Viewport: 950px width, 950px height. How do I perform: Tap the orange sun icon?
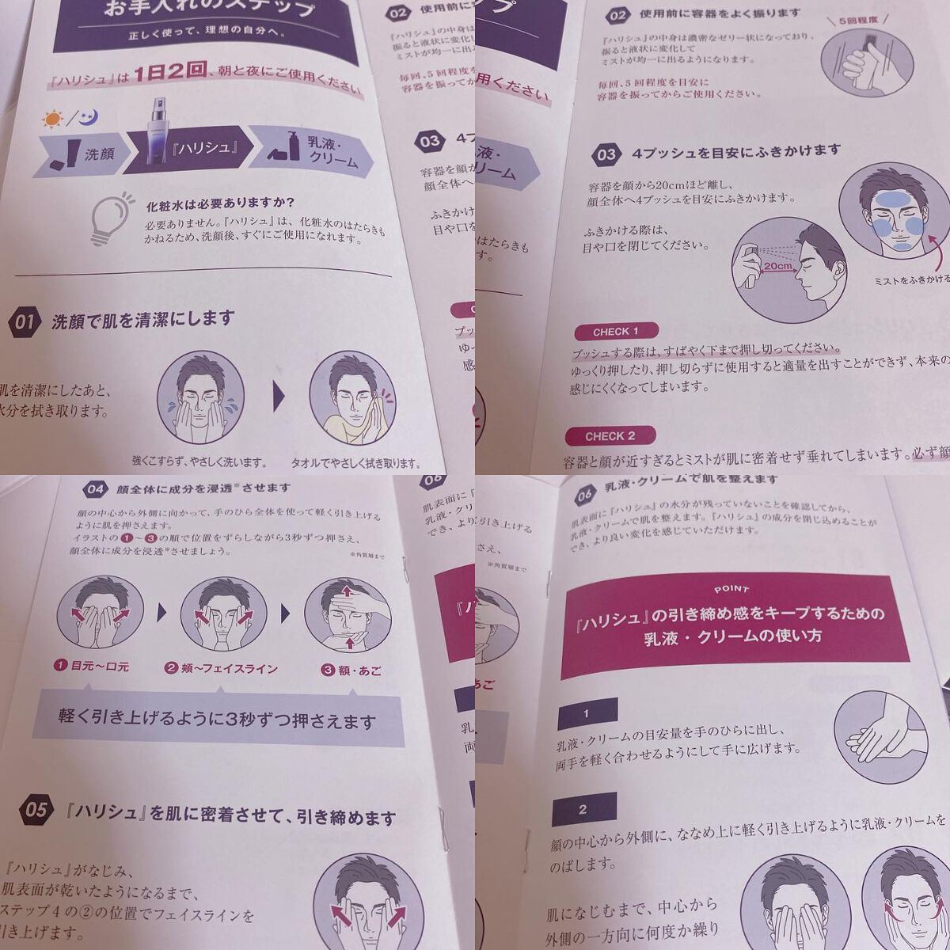pyautogui.click(x=52, y=120)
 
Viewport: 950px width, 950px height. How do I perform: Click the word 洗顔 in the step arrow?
pyautogui.click(x=99, y=154)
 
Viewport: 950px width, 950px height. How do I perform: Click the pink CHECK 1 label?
pyautogui.click(x=615, y=331)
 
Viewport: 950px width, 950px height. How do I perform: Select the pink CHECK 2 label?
pyautogui.click(x=610, y=435)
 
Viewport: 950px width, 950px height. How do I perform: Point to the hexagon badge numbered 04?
pyautogui.click(x=95, y=490)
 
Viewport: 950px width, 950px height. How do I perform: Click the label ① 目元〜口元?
pyautogui.click(x=90, y=667)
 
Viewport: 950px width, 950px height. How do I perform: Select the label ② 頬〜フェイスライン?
pyautogui.click(x=221, y=669)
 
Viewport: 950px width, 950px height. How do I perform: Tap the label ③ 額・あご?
pyautogui.click(x=351, y=671)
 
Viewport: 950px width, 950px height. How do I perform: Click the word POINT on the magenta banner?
pyautogui.click(x=731, y=590)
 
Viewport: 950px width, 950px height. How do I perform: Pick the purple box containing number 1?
pyautogui.click(x=587, y=713)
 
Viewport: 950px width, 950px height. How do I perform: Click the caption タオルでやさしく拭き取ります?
pyautogui.click(x=355, y=462)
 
